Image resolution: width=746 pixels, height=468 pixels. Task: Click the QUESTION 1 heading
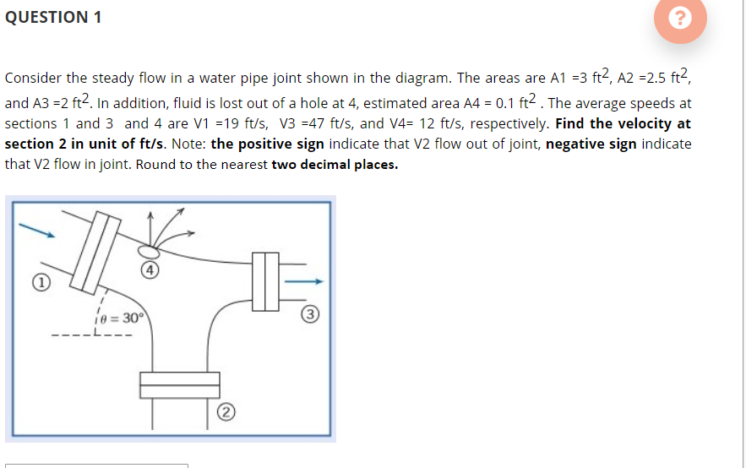pos(53,18)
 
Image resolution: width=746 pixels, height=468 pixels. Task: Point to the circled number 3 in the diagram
pos(310,315)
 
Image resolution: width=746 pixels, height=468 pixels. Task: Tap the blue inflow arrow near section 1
pos(38,229)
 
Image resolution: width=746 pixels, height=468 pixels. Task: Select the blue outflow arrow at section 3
pos(303,281)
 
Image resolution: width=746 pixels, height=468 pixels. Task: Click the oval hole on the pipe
pos(150,251)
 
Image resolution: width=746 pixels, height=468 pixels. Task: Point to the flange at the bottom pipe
pos(179,384)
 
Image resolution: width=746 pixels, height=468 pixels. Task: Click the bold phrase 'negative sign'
pos(591,144)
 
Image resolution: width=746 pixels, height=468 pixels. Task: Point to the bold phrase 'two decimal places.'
pos(335,164)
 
